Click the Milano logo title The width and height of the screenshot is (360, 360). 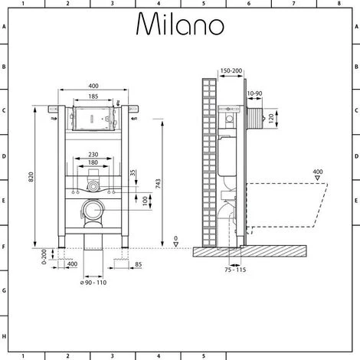(x=180, y=24)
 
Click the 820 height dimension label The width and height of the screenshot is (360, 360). (x=31, y=177)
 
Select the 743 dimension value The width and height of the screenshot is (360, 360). (x=159, y=184)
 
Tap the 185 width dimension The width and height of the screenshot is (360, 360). (x=93, y=97)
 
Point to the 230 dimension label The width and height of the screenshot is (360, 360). (x=93, y=155)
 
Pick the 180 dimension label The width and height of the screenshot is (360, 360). (x=93, y=162)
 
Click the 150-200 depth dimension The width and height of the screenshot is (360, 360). (x=231, y=70)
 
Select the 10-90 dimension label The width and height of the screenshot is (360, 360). (x=254, y=93)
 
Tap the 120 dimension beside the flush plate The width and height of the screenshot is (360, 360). (x=271, y=118)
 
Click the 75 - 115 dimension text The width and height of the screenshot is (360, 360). (x=235, y=270)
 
